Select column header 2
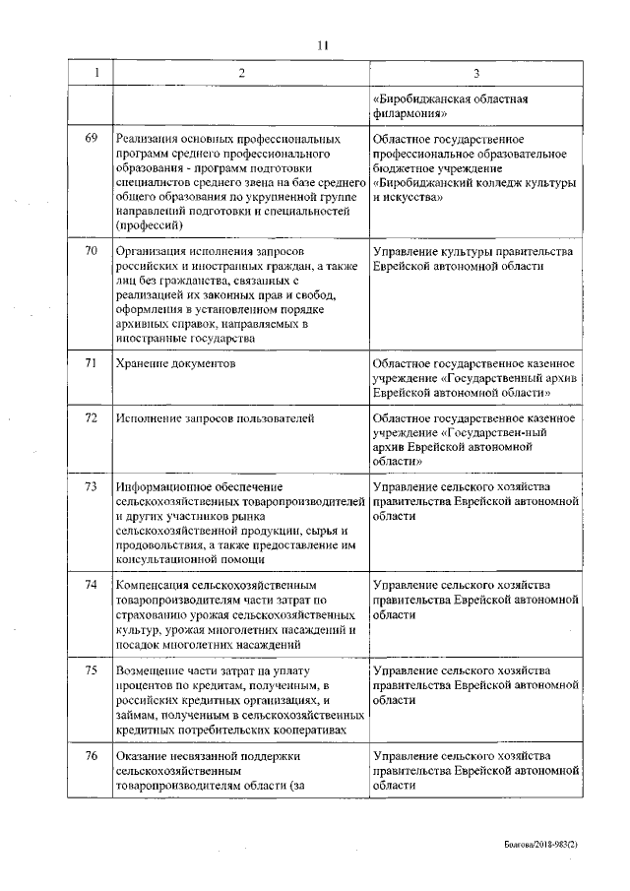241,74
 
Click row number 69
92,139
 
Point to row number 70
92,252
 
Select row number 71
92,363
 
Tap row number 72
92,419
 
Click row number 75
92,669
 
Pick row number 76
92,755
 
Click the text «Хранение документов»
175,363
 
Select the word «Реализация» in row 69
147,139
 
